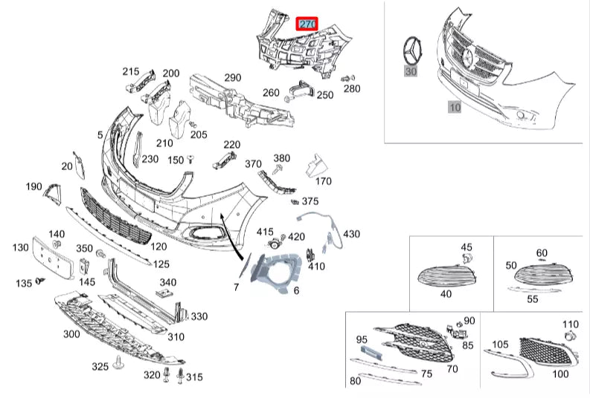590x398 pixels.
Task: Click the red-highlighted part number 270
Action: coord(307,24)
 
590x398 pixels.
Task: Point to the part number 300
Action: coord(71,334)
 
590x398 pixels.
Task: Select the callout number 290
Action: coord(233,77)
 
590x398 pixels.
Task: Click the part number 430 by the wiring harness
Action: coord(351,234)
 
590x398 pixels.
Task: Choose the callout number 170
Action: coord(323,180)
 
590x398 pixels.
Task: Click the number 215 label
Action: coord(131,72)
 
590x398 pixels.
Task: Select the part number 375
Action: coord(310,201)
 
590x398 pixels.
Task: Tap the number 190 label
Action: coord(33,186)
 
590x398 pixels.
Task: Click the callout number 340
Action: coord(168,281)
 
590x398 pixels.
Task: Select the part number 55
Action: coord(532,298)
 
